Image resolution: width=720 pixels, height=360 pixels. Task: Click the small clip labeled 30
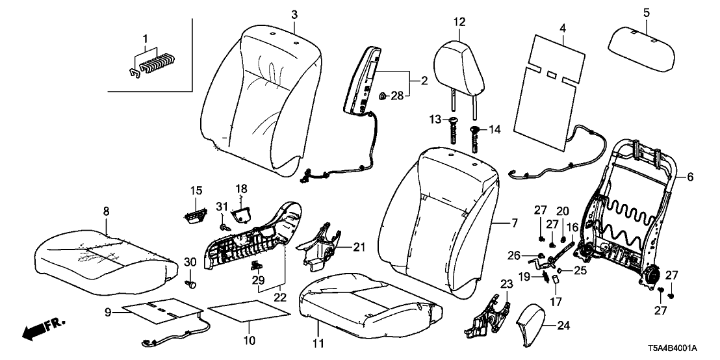[192, 283]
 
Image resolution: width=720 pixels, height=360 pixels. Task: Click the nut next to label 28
[384, 97]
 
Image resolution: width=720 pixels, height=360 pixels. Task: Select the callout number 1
[145, 40]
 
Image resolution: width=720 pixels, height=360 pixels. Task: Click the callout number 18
[241, 188]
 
